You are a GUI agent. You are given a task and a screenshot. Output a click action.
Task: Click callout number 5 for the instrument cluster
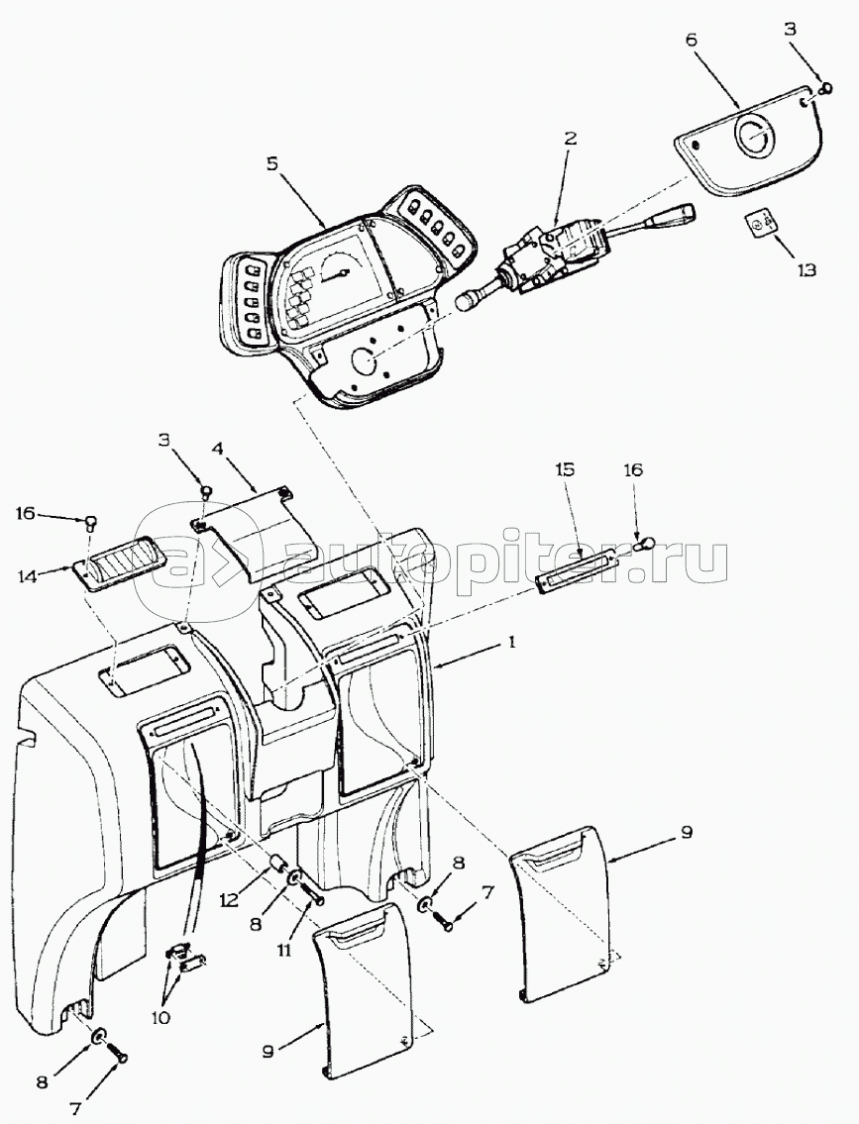coord(270,161)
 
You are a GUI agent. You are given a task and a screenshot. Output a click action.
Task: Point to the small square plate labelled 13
coord(761,227)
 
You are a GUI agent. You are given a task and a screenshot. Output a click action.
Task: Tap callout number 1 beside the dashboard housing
coord(511,642)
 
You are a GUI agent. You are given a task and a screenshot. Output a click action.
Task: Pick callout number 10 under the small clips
coord(161,1017)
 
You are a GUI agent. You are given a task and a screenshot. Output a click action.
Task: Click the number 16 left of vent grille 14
coord(25,512)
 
